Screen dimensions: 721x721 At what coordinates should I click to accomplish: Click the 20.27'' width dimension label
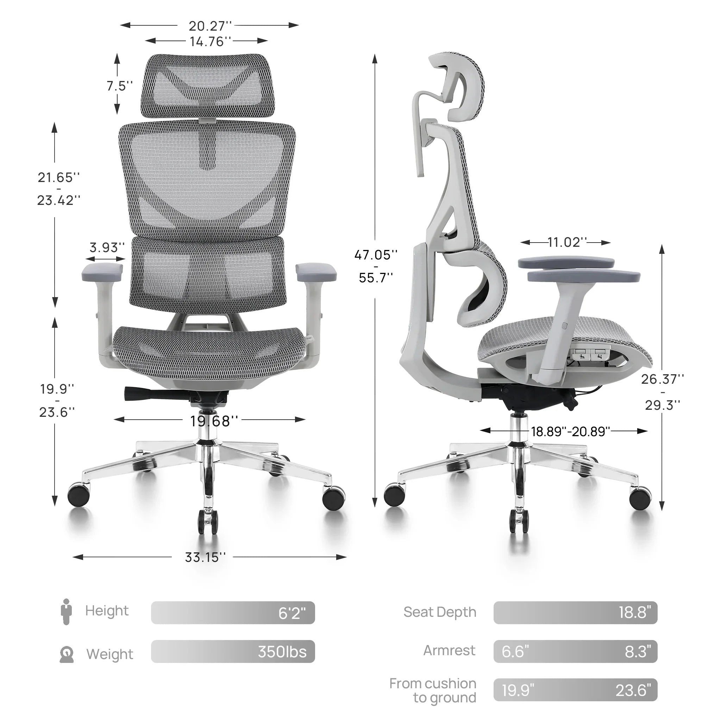(x=210, y=26)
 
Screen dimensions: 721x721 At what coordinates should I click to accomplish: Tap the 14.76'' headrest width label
(x=210, y=42)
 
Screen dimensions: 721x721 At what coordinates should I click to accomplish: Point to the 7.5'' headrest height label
(x=119, y=86)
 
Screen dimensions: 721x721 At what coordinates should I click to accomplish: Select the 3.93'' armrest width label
(x=107, y=247)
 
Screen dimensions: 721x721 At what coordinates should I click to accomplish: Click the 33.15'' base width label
(x=205, y=557)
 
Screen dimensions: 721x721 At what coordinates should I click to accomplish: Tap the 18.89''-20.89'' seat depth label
(x=570, y=432)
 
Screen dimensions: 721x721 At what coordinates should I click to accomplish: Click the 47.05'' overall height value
(x=375, y=255)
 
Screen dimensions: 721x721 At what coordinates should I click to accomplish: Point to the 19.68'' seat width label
(x=214, y=421)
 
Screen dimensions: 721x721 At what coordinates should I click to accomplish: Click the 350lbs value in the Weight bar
(x=282, y=652)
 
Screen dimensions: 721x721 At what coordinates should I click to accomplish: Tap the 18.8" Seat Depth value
(x=634, y=613)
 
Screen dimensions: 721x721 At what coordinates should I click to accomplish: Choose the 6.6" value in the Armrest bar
(x=515, y=652)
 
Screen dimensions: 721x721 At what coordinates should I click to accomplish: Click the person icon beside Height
(x=66, y=612)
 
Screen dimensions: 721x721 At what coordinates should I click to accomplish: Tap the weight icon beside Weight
(x=67, y=654)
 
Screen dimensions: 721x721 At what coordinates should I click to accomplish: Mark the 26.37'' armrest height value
(x=663, y=379)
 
